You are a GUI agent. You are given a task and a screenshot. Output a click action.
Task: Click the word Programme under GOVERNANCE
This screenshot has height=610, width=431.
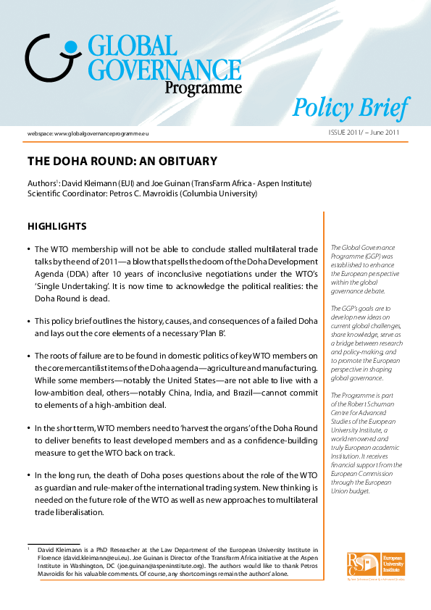(x=202, y=88)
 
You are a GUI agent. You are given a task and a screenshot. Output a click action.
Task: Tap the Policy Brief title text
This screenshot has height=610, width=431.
(x=351, y=108)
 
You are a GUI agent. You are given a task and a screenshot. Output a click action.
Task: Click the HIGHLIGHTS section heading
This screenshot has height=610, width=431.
(x=57, y=227)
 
